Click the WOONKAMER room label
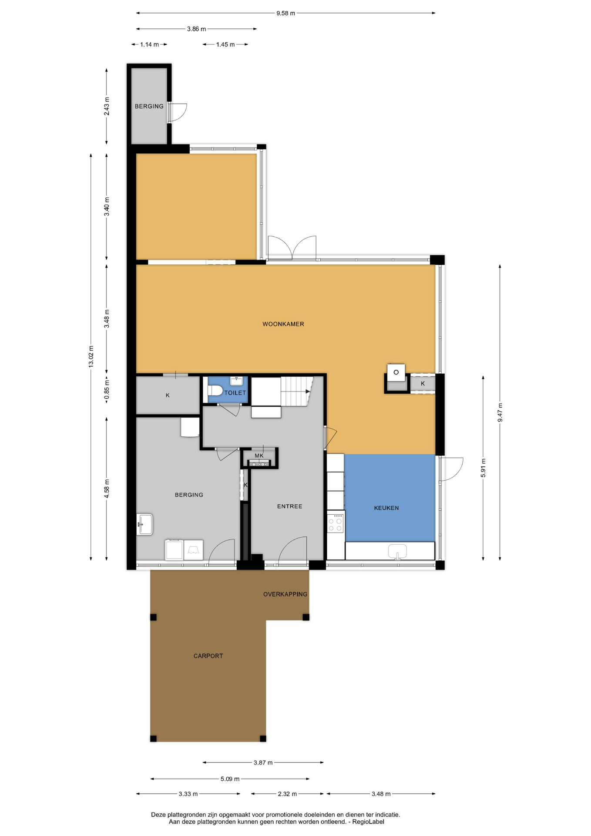point(283,324)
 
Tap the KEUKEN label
point(386,508)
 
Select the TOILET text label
point(235,393)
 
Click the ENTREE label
point(289,506)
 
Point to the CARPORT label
point(208,656)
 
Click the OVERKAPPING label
point(285,594)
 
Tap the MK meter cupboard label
point(259,456)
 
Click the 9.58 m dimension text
point(285,13)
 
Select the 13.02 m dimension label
point(91,357)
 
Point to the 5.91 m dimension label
point(483,468)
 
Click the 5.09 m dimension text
point(230,779)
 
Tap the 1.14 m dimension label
point(149,44)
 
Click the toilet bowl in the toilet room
point(215,391)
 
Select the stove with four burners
point(336,523)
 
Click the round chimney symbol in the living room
point(396,372)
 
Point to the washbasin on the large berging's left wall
point(145,524)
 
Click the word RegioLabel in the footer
point(368,822)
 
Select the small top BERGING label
point(149,106)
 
